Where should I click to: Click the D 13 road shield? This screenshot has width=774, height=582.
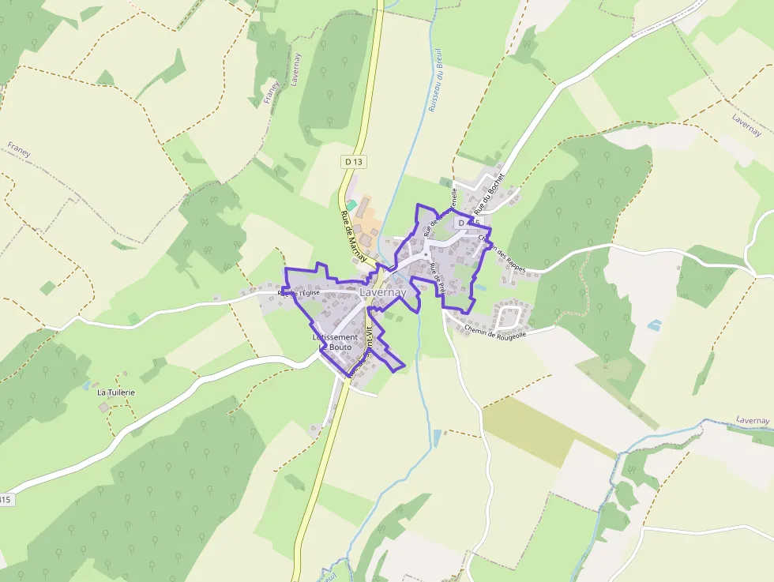click(355, 162)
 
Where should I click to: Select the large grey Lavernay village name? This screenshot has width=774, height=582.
click(382, 292)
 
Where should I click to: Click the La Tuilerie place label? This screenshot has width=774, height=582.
click(116, 392)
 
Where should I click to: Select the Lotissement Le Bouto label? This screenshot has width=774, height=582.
click(335, 342)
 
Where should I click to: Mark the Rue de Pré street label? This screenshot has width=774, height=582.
click(438, 278)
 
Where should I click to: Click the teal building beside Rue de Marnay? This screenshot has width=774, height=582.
click(351, 205)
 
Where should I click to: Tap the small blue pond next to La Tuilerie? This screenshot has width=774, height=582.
click(85, 386)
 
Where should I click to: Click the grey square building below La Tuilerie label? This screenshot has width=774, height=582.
click(104, 407)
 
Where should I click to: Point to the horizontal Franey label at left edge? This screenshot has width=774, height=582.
click(19, 149)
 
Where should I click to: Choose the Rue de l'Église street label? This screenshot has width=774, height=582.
click(298, 293)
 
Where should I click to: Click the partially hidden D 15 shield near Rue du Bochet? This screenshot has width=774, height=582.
click(468, 223)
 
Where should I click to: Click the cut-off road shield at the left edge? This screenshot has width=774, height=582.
click(6, 499)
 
